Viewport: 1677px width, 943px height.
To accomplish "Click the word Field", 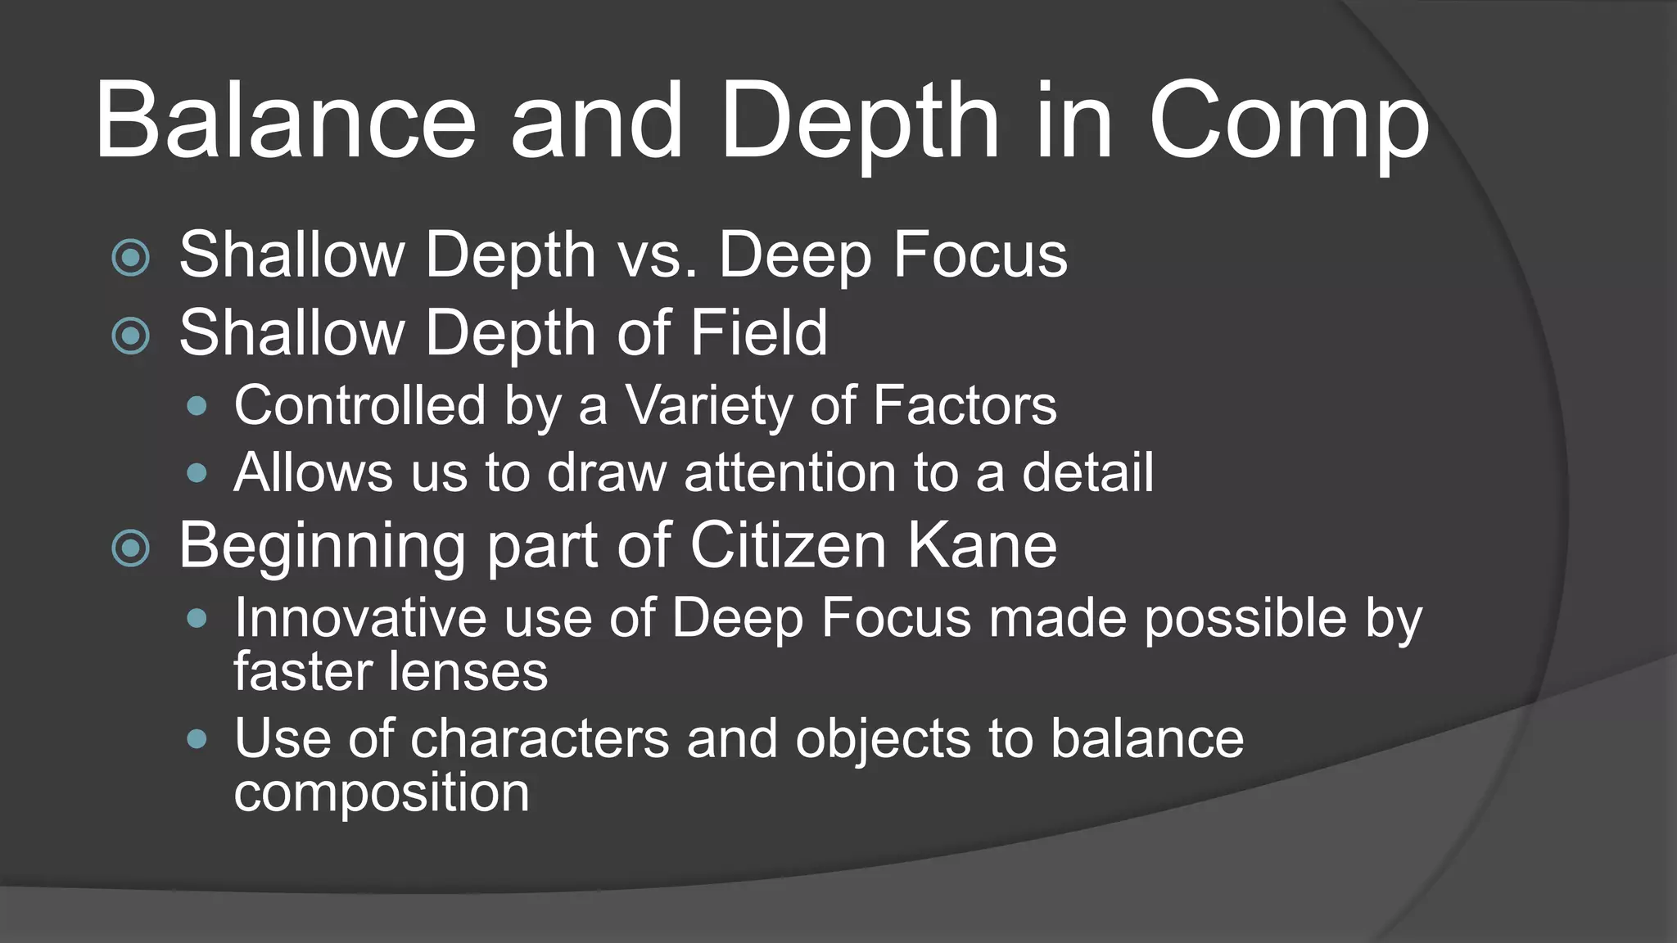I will [x=758, y=332].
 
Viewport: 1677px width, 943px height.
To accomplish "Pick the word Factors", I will [x=965, y=406].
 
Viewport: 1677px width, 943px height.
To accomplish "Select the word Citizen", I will [x=788, y=545].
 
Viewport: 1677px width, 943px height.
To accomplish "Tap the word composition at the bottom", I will [x=382, y=792].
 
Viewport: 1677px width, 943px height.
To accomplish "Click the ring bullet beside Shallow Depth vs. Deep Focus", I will [x=131, y=257].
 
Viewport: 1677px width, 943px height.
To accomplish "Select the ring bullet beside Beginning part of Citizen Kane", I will [x=131, y=548].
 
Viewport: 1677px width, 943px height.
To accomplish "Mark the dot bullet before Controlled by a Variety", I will [x=197, y=406].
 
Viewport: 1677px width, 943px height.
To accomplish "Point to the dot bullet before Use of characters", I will [x=197, y=740].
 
